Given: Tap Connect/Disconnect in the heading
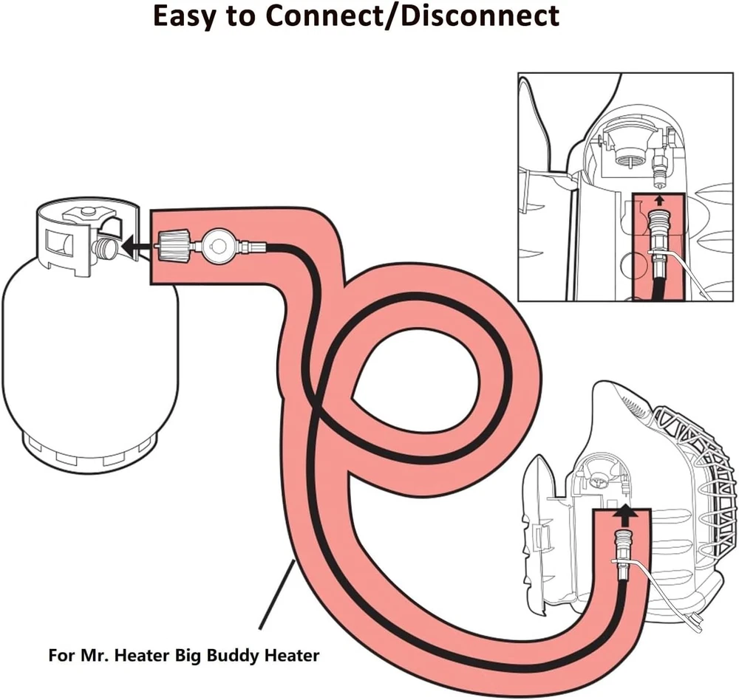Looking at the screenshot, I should (x=429, y=16).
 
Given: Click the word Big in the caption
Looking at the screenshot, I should (x=194, y=655).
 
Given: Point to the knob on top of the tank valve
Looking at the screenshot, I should (x=87, y=213).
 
